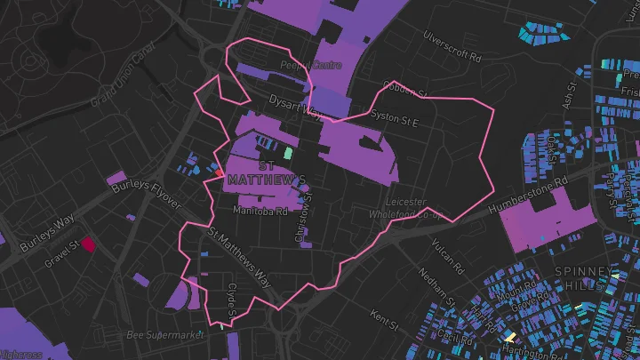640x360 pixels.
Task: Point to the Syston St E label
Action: pyautogui.click(x=394, y=117)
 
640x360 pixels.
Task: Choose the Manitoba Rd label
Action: pyautogui.click(x=260, y=212)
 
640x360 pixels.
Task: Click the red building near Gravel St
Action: pyautogui.click(x=88, y=243)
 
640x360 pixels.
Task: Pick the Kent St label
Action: pyautogui.click(x=383, y=316)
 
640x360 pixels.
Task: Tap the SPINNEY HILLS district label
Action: pyautogui.click(x=584, y=277)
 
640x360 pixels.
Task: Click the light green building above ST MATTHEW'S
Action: pyautogui.click(x=287, y=152)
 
